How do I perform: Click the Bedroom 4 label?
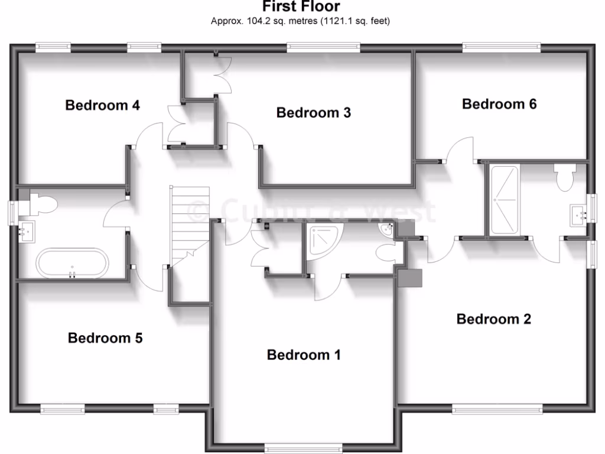102,106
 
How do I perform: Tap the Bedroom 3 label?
314,112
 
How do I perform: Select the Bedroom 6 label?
499,104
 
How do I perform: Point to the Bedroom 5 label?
105,338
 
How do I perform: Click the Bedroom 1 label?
304,355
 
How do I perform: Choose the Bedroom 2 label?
494,319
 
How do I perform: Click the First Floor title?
301,7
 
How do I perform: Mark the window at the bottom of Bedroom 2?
497,408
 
